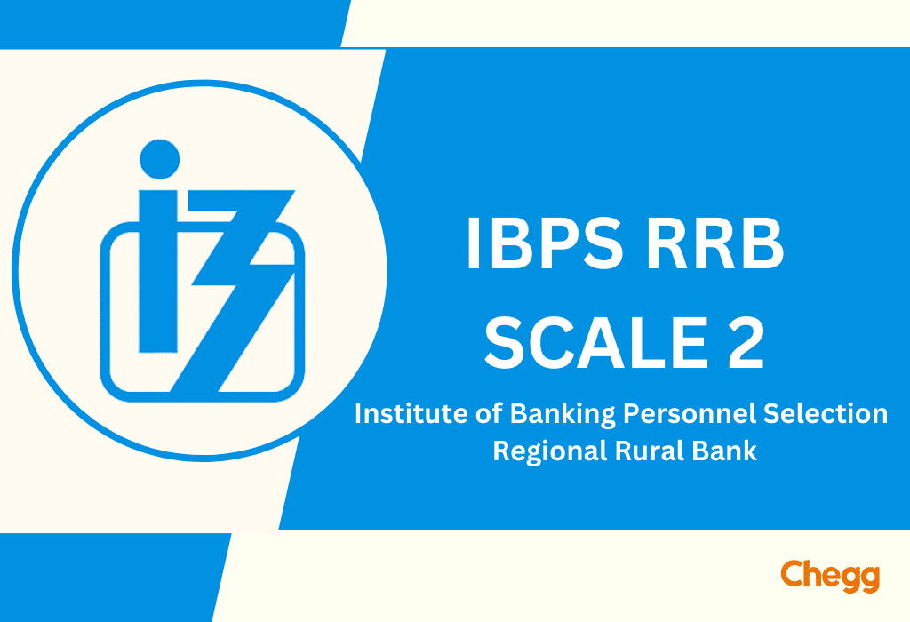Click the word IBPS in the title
pyautogui.click(x=545, y=243)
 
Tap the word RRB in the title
pyautogui.click(x=715, y=243)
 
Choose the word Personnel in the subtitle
pyautogui.click(x=690, y=414)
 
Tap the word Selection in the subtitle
pyautogui.click(x=826, y=414)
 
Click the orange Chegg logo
pyautogui.click(x=831, y=576)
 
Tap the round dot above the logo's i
pyautogui.click(x=160, y=159)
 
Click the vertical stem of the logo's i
pyautogui.click(x=158, y=271)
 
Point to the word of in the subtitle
pyautogui.click(x=490, y=414)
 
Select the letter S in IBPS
pyautogui.click(x=603, y=243)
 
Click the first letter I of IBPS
pyautogui.click(x=473, y=243)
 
